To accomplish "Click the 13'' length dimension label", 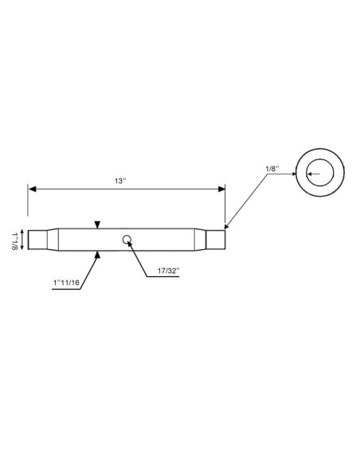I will point(119,182).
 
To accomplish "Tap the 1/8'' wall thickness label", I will point(272,169).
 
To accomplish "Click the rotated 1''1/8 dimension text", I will point(14,240).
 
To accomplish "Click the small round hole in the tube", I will point(127,239).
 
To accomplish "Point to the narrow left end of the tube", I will point(37,239).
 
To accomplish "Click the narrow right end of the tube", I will point(216,239).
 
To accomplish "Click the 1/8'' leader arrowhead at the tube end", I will point(227,227).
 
